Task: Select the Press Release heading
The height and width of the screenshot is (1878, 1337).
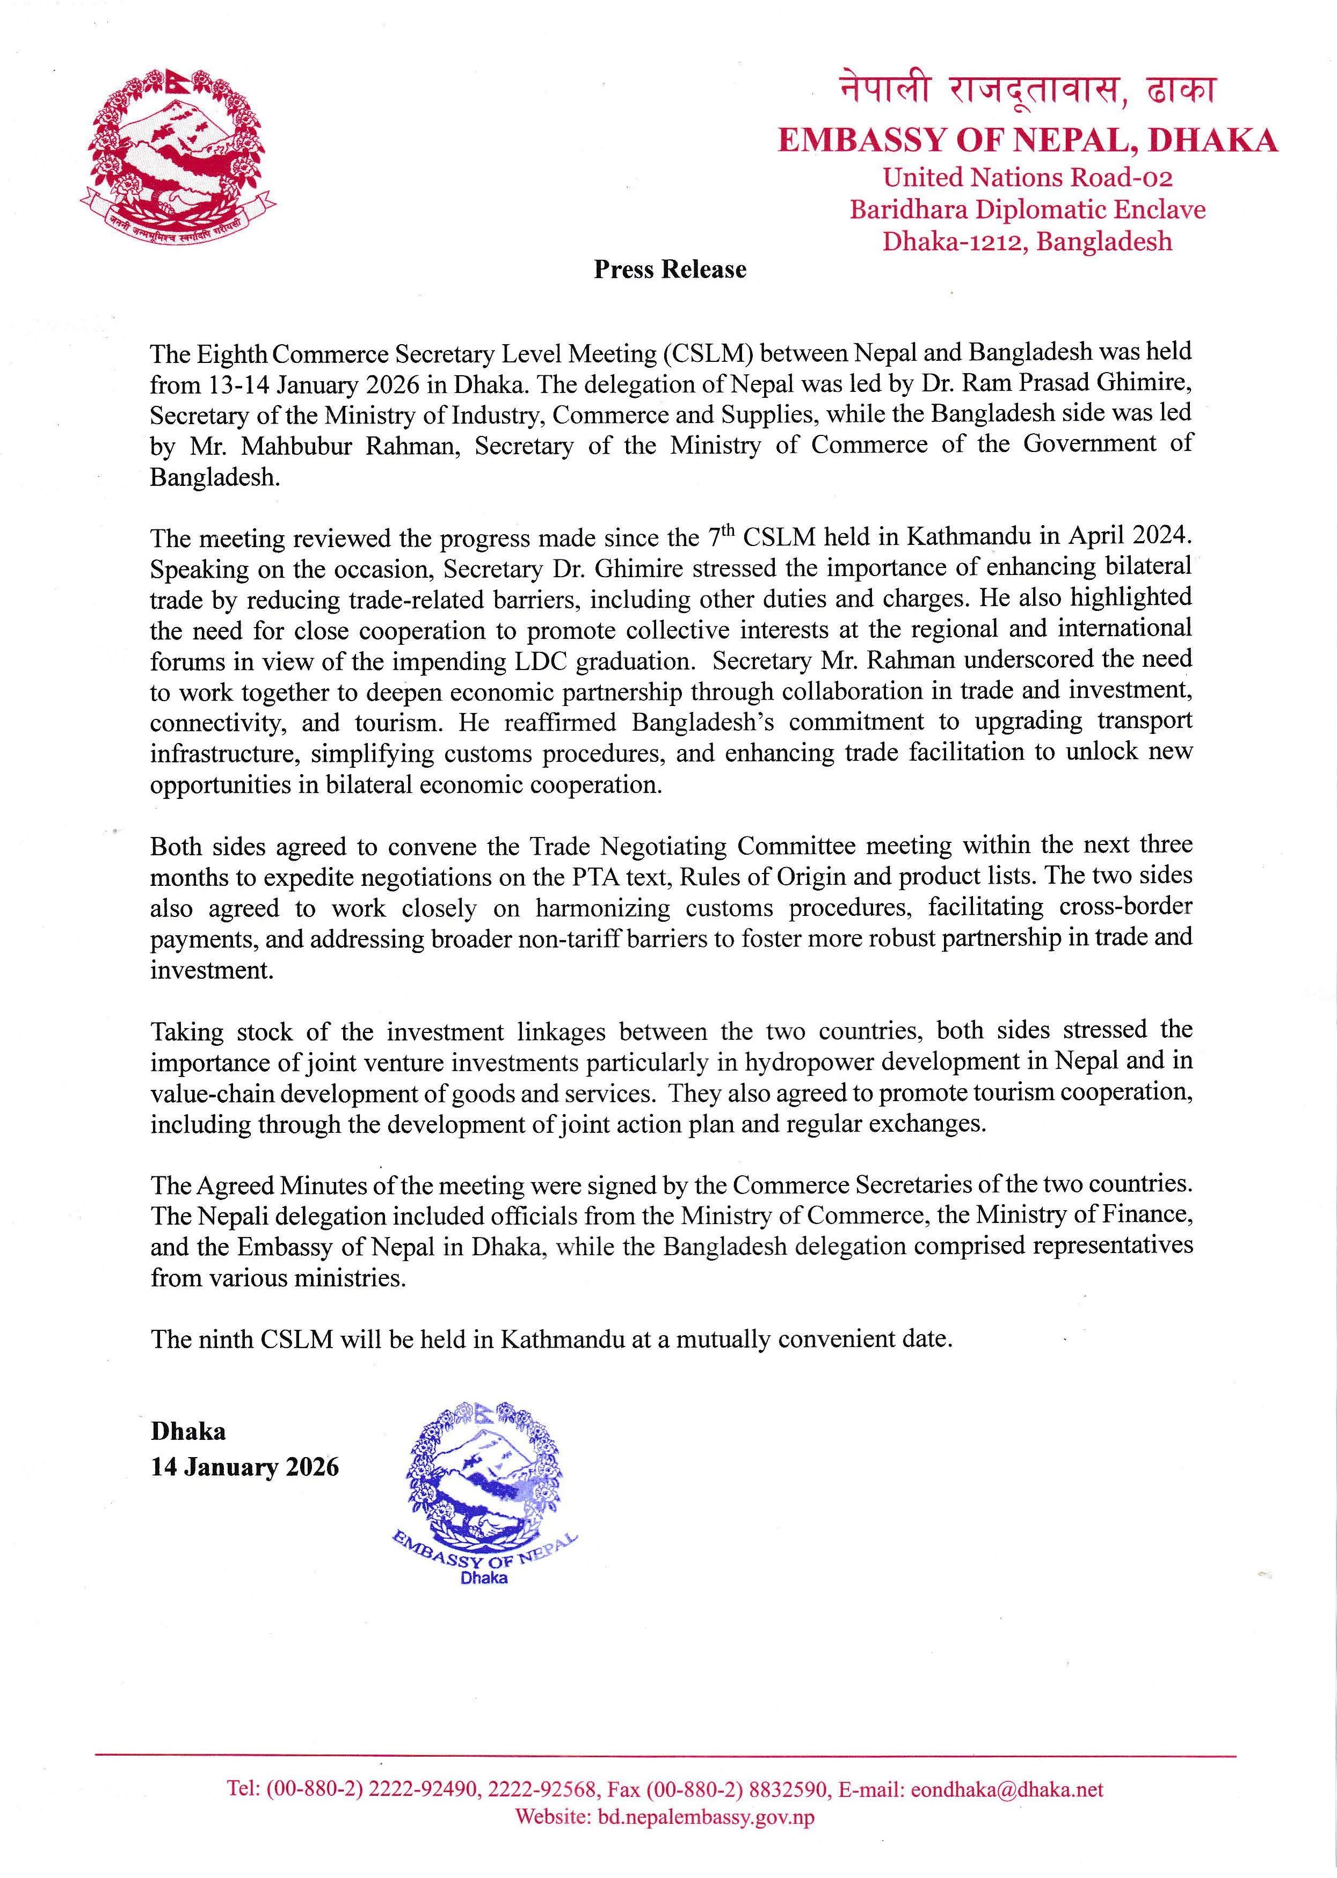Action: click(670, 270)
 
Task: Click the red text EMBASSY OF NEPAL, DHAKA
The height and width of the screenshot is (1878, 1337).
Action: click(1027, 141)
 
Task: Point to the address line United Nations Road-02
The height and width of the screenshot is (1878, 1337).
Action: click(1027, 177)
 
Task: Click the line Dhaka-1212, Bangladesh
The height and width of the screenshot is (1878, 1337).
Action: click(1027, 241)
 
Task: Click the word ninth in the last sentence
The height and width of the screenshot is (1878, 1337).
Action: click(226, 1339)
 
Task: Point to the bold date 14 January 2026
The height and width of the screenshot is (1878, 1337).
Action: click(244, 1467)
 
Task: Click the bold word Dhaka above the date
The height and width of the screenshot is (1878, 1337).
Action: click(188, 1431)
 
